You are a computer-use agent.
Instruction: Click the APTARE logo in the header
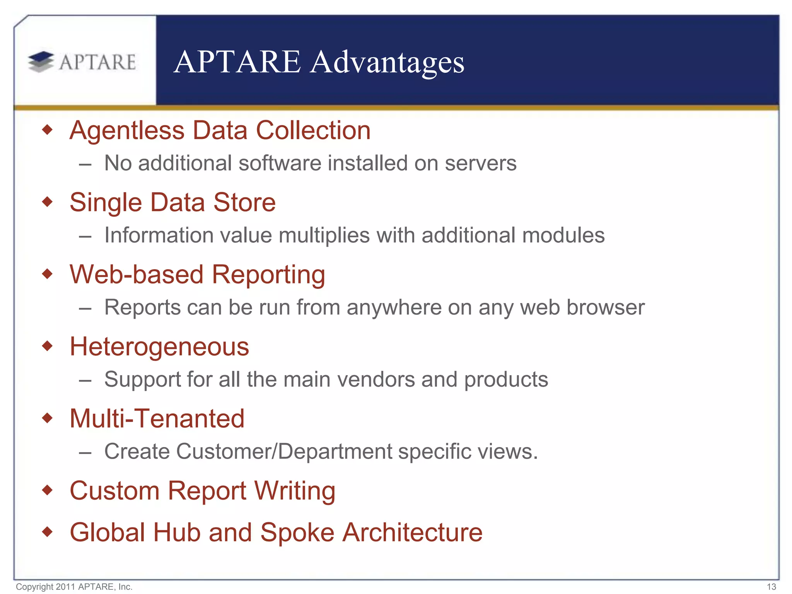coord(82,62)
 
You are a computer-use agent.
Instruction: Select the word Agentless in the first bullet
coord(127,130)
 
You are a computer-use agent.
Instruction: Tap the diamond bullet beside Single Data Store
coord(47,201)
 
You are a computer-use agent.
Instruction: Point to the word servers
coord(480,163)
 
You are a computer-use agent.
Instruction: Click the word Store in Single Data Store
coord(244,202)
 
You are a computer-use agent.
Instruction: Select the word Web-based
coord(137,275)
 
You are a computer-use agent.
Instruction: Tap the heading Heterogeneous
coord(159,346)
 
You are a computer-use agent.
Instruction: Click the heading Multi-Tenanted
coord(157,418)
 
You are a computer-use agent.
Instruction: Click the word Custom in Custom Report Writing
coord(114,491)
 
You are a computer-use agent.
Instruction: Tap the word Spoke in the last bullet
coord(297,533)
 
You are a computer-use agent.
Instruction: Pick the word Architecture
coord(413,533)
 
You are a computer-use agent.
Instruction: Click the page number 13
coord(771,587)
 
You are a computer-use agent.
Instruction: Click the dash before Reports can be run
coord(85,308)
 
